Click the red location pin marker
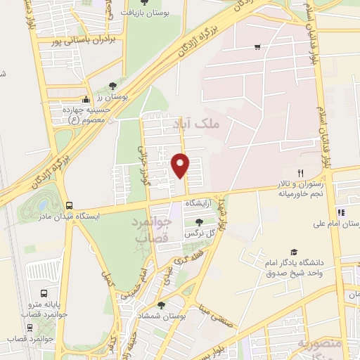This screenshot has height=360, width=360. point(181,165)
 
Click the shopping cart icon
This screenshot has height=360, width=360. point(257,47)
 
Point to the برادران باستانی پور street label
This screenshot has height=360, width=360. point(81,41)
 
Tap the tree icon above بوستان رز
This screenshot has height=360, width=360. point(112,85)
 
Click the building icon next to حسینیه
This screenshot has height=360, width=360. point(86,98)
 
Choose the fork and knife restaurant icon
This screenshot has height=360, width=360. point(300,173)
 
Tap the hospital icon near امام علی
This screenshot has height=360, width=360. point(341,212)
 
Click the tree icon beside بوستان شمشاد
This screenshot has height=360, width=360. point(162,305)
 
